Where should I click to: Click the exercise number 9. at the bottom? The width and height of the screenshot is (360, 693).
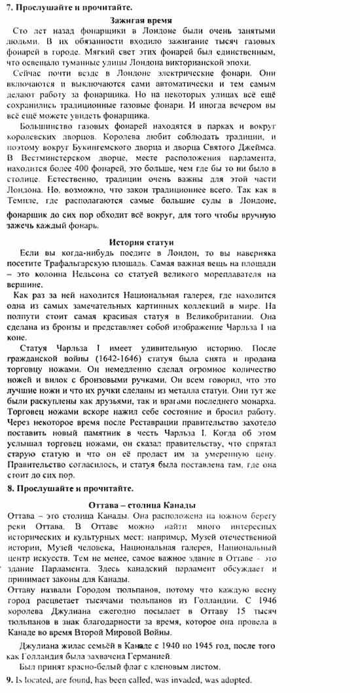[9, 681]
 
